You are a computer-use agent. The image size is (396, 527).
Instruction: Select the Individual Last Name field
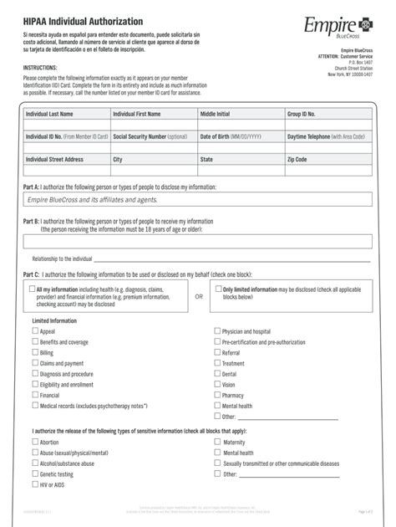(x=65, y=120)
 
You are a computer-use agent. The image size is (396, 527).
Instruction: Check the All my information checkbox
(x=31, y=289)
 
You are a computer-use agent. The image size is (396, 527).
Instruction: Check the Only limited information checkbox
(x=218, y=289)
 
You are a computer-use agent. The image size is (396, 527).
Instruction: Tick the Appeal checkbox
(x=35, y=331)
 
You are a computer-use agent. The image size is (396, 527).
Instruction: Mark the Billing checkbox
(x=35, y=353)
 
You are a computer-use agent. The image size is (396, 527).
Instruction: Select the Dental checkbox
(x=218, y=374)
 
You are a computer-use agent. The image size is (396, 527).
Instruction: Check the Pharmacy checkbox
(x=218, y=395)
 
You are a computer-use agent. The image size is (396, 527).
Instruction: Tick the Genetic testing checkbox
(x=35, y=473)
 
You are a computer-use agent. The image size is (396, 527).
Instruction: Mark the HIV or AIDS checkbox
(x=35, y=484)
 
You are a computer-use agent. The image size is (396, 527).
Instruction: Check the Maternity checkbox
(x=218, y=442)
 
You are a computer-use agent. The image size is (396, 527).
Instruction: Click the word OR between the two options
(x=199, y=295)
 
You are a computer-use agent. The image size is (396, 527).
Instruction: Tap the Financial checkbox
(x=35, y=395)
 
